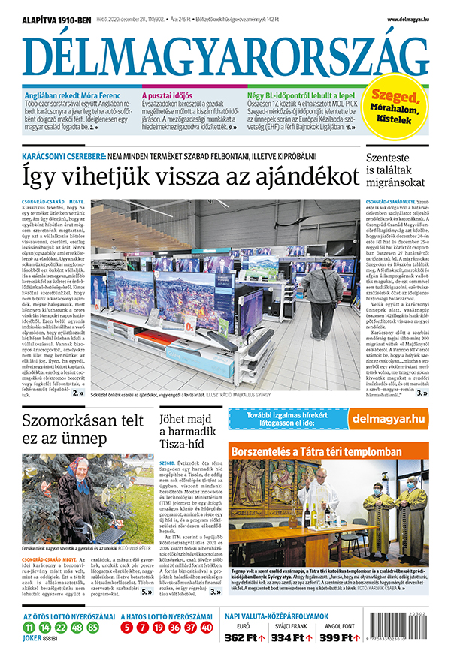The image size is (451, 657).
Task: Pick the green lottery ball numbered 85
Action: [92, 627]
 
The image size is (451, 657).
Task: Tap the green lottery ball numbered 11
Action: [28, 627]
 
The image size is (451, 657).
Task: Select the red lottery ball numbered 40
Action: [207, 627]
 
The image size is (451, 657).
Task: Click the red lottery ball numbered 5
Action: [129, 627]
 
